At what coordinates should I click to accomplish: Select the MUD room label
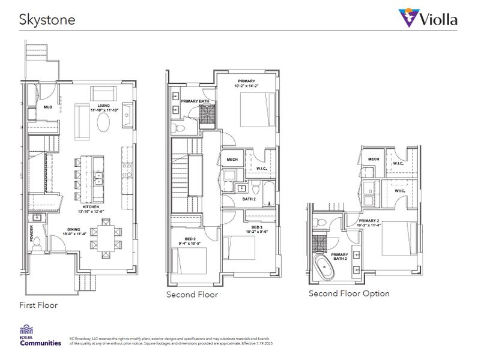[x=47, y=108]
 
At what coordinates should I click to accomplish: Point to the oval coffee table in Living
[x=103, y=124]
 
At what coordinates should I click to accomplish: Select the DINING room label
[x=75, y=230]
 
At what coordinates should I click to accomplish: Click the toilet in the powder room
[x=37, y=242]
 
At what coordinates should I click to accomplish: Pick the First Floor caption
[x=38, y=305]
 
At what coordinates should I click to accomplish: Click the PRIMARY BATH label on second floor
[x=195, y=101]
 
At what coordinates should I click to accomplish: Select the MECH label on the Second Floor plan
[x=231, y=160]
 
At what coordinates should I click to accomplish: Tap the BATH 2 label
[x=249, y=199]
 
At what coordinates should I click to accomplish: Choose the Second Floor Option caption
[x=349, y=293]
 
